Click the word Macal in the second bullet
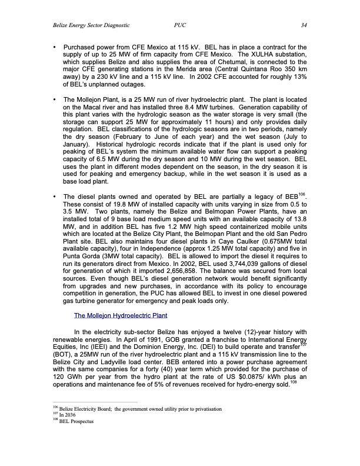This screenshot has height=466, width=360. tap(88, 107)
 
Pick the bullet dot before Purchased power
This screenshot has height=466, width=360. tap(55, 46)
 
